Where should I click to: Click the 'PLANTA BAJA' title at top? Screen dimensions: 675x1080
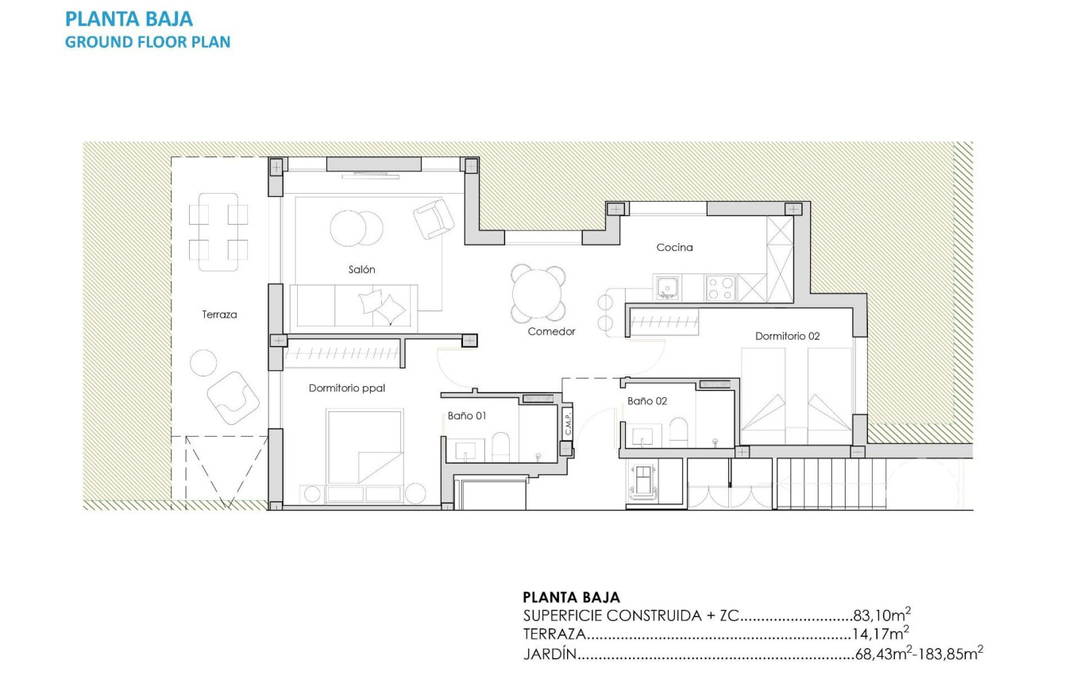click(129, 18)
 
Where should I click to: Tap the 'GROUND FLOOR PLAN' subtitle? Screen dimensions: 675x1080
click(148, 42)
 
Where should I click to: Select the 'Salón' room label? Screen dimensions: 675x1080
click(361, 269)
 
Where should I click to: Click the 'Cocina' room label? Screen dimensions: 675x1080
click(674, 247)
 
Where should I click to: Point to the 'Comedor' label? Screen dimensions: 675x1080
click(551, 331)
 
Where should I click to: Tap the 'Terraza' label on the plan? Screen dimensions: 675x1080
click(219, 314)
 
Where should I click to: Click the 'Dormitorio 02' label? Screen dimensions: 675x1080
click(787, 336)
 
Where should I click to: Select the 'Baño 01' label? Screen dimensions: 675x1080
click(466, 415)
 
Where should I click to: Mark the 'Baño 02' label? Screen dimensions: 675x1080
click(646, 401)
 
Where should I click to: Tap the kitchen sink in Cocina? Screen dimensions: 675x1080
click(666, 285)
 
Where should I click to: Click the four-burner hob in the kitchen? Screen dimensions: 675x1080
click(720, 287)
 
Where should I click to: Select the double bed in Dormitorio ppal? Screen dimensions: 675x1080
click(364, 446)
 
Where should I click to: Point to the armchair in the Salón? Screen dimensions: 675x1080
click(433, 218)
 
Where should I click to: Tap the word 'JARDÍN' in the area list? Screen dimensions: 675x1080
click(549, 654)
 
